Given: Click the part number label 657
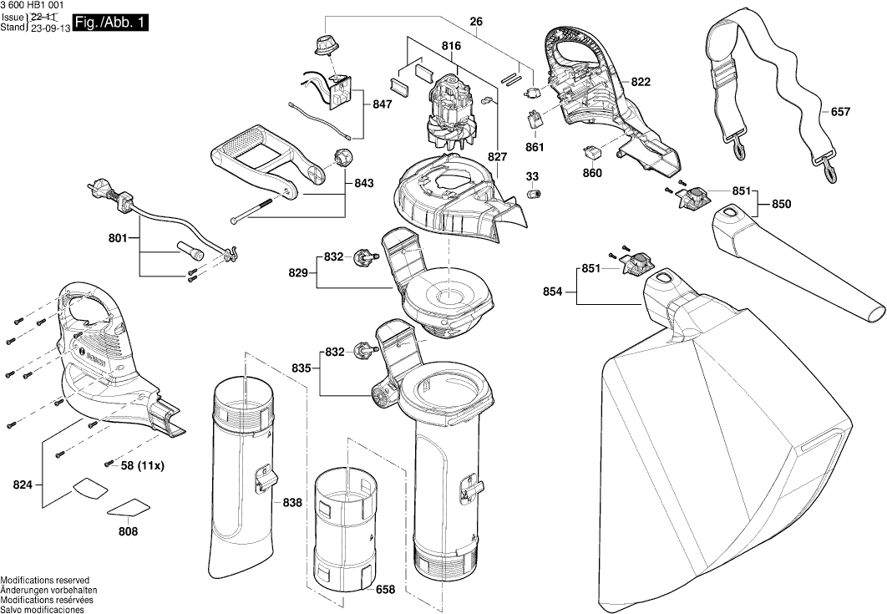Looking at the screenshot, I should [x=841, y=111].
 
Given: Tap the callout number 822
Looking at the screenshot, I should [x=641, y=82].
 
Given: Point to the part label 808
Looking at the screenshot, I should [x=128, y=530].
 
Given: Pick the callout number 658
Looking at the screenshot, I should [x=385, y=590].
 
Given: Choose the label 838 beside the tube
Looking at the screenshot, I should [x=292, y=502].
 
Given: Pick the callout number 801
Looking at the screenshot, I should [x=118, y=239].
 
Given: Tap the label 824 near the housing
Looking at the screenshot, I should [x=23, y=485].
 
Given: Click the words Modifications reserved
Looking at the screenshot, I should [x=45, y=580].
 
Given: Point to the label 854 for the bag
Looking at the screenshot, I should [x=553, y=292].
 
